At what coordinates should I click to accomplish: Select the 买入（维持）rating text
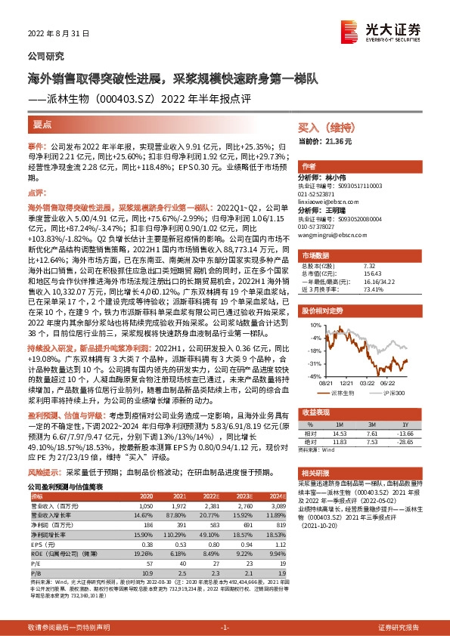[324, 128]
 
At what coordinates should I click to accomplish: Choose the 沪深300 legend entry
[394, 394]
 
